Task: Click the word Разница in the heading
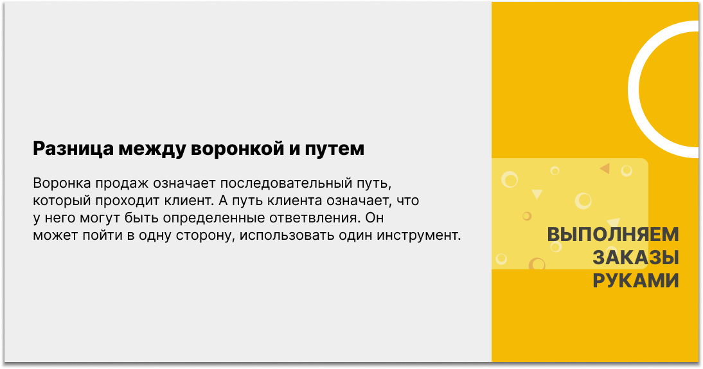(73, 148)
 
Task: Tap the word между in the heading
(152, 148)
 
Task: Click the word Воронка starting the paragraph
(62, 183)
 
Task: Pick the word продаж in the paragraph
(122, 184)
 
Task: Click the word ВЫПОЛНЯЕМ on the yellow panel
(613, 235)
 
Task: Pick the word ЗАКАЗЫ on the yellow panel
(636, 258)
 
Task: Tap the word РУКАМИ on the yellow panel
(636, 281)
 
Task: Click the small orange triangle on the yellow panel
(606, 168)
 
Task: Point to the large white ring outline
(633, 89)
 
